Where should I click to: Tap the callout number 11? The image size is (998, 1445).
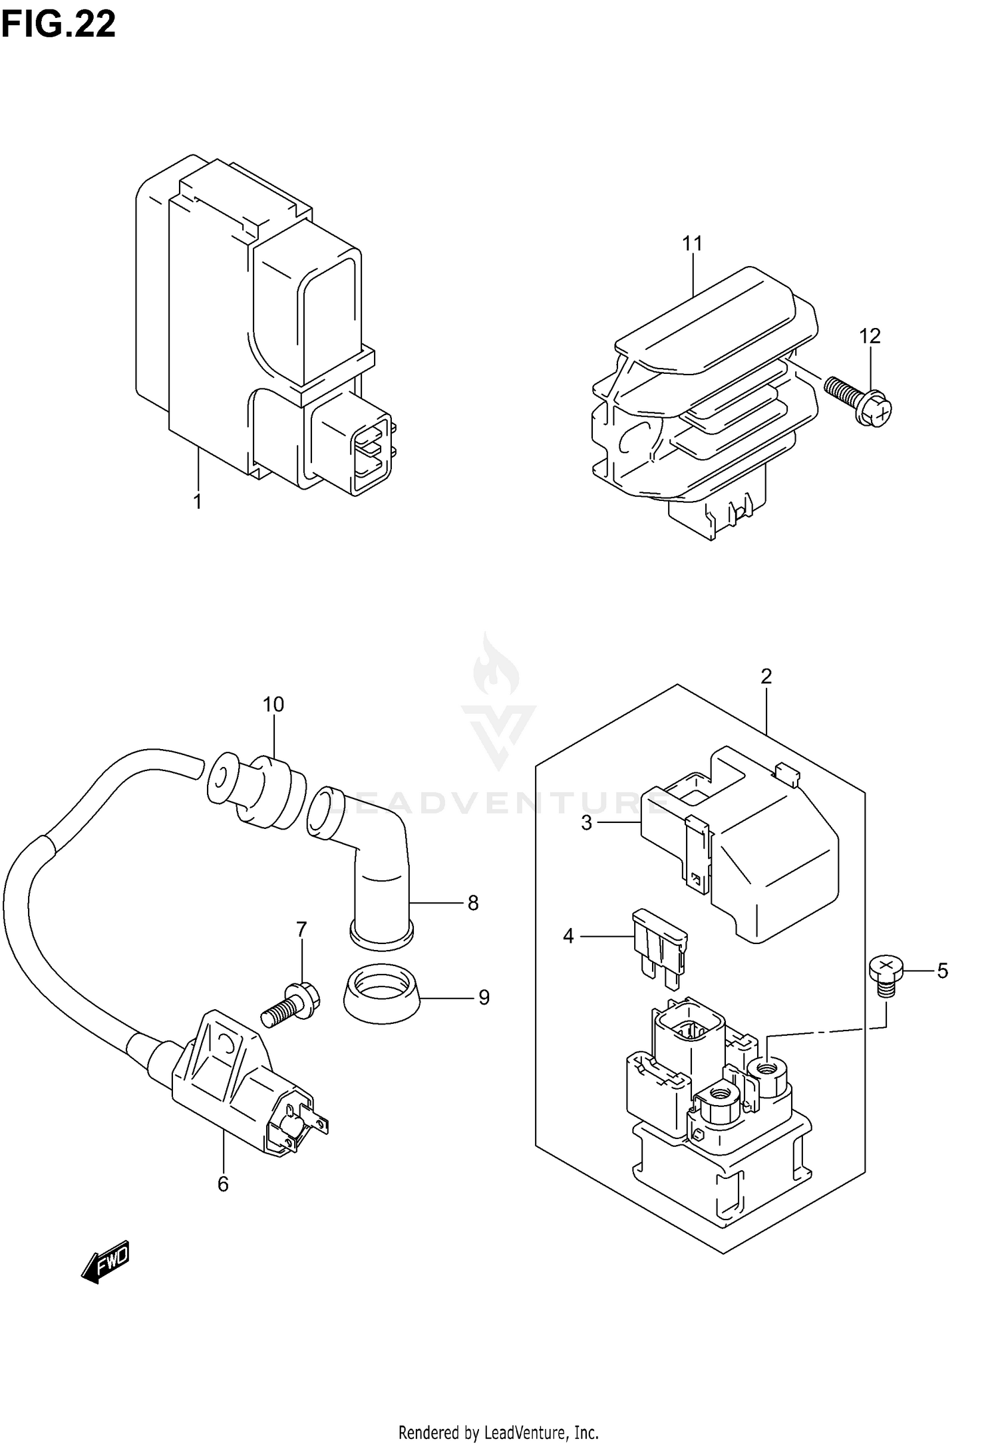(x=692, y=244)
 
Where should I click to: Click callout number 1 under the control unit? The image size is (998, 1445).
(x=197, y=502)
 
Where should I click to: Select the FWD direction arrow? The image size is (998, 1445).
(x=105, y=1261)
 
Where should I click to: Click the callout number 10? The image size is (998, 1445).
(x=273, y=705)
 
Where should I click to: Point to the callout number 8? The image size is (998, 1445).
(x=473, y=903)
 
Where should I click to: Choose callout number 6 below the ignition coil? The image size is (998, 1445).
(x=223, y=1184)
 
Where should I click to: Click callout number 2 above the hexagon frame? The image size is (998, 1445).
(x=766, y=677)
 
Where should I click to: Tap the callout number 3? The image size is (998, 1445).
(x=586, y=823)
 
